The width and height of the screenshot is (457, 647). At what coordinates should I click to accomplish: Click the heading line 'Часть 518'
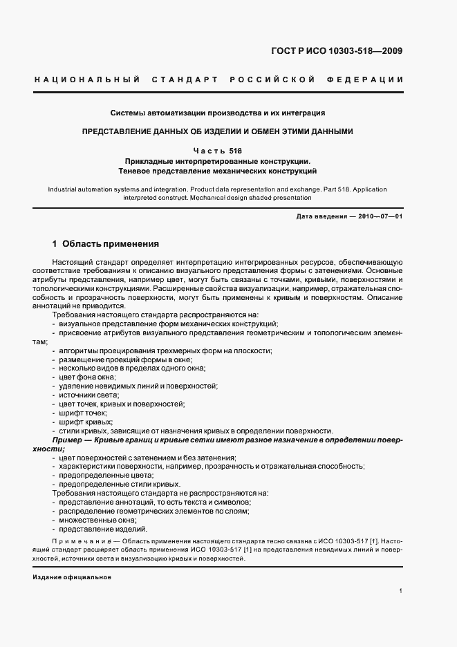tap(218, 150)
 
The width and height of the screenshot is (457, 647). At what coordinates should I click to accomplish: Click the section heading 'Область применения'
tap(111, 244)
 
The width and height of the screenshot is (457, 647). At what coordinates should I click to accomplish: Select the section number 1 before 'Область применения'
tap(55, 244)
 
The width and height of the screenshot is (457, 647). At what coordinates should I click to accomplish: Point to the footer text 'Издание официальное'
tap(72, 576)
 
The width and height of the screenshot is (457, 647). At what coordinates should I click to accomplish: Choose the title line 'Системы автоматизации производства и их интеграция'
tap(218, 113)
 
